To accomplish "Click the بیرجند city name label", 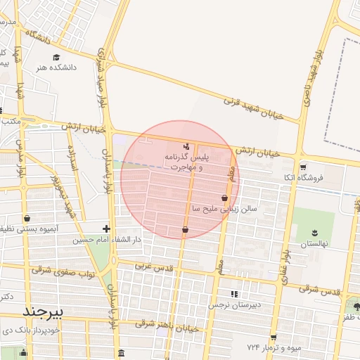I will click(44, 311).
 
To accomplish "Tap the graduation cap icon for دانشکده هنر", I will click(56, 58).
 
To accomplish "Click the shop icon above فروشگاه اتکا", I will click(303, 167).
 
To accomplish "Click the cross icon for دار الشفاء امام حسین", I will click(106, 229).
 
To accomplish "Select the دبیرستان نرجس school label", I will click(234, 306).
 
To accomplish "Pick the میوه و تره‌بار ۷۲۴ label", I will click(274, 348).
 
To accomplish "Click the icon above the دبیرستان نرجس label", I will click(234, 294).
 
